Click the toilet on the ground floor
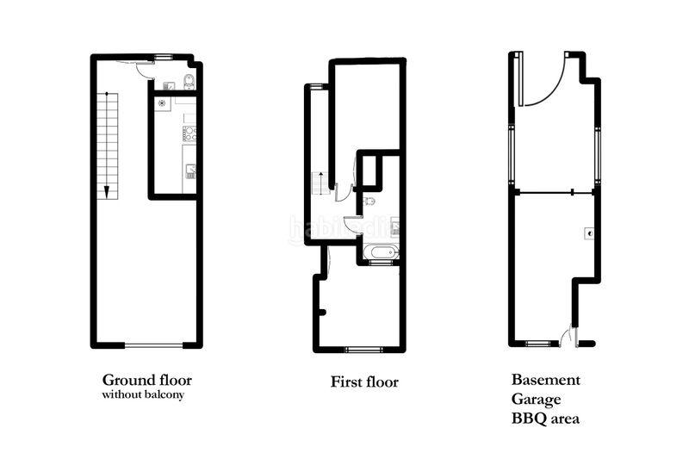tap(189, 81)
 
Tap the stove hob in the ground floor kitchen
tap(189, 133)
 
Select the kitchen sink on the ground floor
tap(190, 171)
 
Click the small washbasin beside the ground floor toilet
tap(169, 85)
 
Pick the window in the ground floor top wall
tap(163, 57)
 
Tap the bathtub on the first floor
tap(381, 252)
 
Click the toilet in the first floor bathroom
tap(369, 202)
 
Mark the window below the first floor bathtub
tap(380, 263)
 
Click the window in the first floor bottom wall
tap(363, 350)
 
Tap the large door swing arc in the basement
tap(547, 80)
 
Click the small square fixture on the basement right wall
tap(589, 234)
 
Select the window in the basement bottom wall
tap(537, 344)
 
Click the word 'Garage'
tap(536, 400)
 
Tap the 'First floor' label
tap(364, 381)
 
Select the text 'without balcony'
tap(143, 395)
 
